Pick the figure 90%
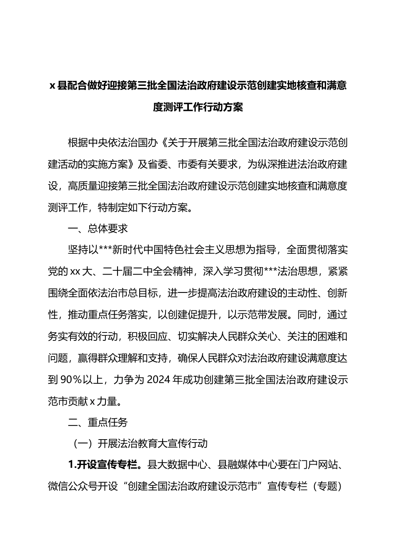pos(73,380)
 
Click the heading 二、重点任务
pos(98,423)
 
